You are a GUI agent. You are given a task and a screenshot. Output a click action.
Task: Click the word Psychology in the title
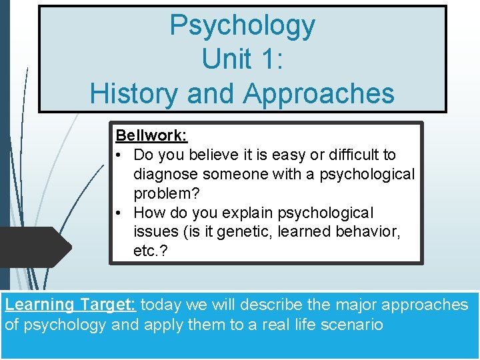(x=242, y=26)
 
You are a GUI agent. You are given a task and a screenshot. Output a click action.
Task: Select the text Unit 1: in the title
(x=242, y=59)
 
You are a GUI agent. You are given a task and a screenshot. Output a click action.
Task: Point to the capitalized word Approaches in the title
(x=319, y=94)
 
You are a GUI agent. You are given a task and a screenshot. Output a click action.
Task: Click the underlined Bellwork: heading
(x=151, y=135)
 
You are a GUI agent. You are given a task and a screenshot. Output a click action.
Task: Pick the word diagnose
(x=165, y=174)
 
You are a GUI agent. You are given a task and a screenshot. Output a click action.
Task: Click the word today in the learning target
(x=163, y=305)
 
